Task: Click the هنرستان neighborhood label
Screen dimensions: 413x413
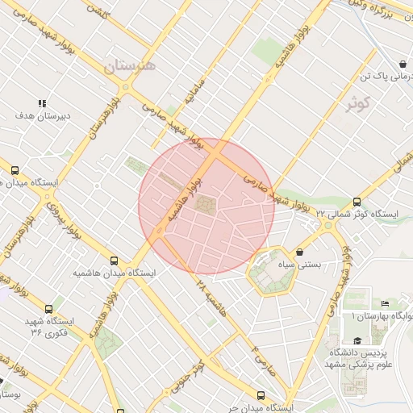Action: (128, 64)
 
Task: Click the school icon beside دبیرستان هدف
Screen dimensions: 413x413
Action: (42, 103)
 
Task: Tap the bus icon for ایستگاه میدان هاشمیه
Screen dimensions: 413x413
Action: (115, 261)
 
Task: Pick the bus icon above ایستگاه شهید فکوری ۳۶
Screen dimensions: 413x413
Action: (49, 308)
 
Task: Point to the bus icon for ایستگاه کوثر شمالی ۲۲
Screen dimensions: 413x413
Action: (357, 202)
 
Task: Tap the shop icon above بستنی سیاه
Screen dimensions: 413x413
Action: (300, 252)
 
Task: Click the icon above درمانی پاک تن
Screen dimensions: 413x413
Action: (402, 64)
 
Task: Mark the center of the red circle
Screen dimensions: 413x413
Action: (206, 206)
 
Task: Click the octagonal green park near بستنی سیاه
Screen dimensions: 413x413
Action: (271, 274)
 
